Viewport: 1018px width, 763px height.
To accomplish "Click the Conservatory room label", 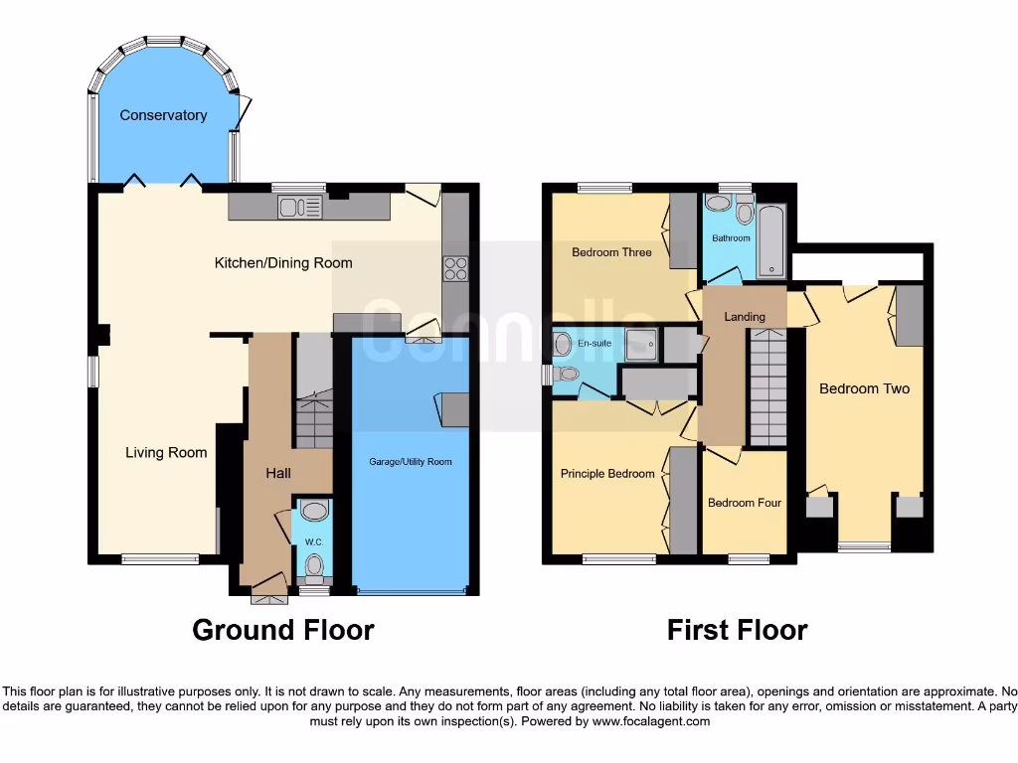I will pos(163,115).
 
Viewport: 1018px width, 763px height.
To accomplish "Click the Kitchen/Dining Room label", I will pos(283,263).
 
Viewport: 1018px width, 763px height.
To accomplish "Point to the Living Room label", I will pos(166,453).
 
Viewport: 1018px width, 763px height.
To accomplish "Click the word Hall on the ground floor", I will pos(278,474).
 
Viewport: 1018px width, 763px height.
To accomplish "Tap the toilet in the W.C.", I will pos(315,565).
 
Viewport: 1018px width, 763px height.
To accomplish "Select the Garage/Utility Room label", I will pos(412,462).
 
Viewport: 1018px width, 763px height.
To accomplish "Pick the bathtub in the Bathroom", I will pos(771,241).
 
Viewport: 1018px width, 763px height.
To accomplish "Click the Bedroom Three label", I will pos(611,252).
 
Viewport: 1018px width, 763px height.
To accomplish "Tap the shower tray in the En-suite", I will pos(640,345).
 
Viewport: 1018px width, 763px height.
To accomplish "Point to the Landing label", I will pos(745,317).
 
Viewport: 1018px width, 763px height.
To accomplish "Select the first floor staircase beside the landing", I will pos(767,387).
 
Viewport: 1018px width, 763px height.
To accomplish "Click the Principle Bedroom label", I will pos(607,474).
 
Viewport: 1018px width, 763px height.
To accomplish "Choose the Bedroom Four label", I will pos(745,503).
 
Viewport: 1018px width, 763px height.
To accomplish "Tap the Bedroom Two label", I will pos(864,388).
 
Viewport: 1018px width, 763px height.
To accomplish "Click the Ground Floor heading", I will pos(282,630).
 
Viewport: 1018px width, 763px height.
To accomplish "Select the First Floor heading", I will pos(737,630).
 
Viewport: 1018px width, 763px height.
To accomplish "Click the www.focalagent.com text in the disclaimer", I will pos(650,721).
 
